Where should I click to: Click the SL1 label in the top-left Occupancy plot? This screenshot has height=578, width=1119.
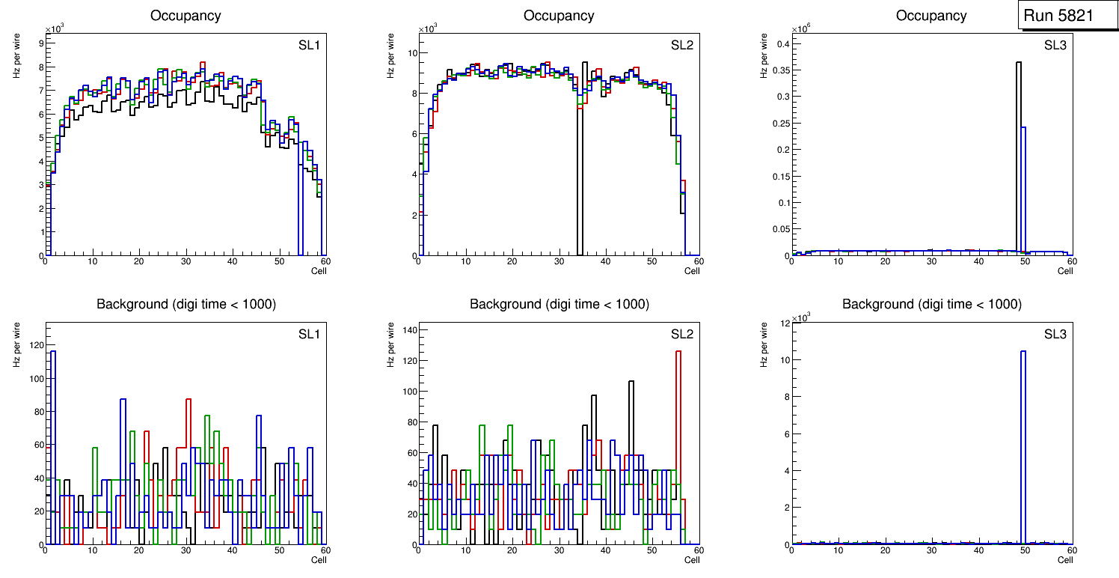click(x=309, y=46)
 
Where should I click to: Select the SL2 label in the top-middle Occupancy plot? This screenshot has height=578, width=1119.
click(x=681, y=46)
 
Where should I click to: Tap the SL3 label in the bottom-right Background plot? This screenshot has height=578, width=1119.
click(x=1055, y=334)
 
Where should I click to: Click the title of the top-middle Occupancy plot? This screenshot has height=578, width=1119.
click(x=559, y=16)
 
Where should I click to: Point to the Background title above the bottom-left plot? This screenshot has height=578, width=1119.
click(x=186, y=304)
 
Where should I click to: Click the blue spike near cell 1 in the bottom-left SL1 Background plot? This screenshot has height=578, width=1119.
click(x=53, y=449)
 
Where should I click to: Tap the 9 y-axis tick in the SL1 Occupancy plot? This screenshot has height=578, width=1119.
click(x=40, y=43)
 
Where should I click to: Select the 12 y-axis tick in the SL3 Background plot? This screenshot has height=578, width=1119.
click(x=785, y=323)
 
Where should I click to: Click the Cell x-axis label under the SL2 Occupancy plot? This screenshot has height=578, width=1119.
click(x=693, y=270)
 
